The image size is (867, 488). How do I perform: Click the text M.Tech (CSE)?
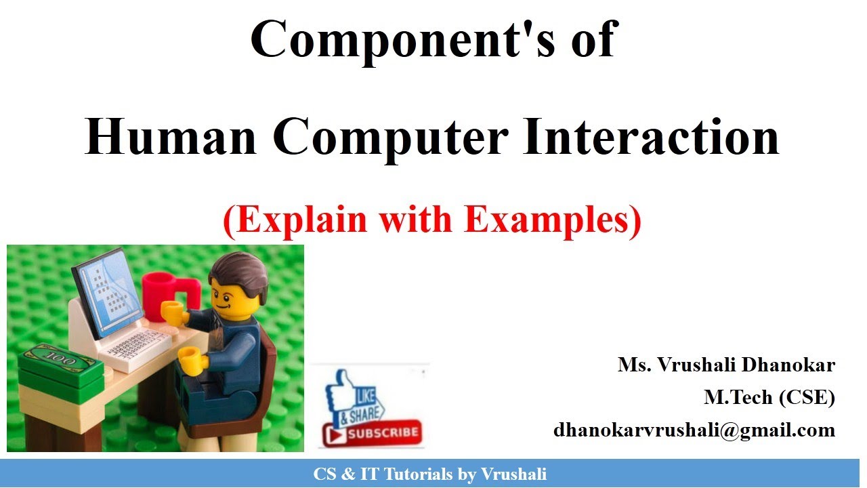[x=769, y=397]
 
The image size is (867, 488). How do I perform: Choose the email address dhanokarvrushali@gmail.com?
[x=694, y=430]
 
